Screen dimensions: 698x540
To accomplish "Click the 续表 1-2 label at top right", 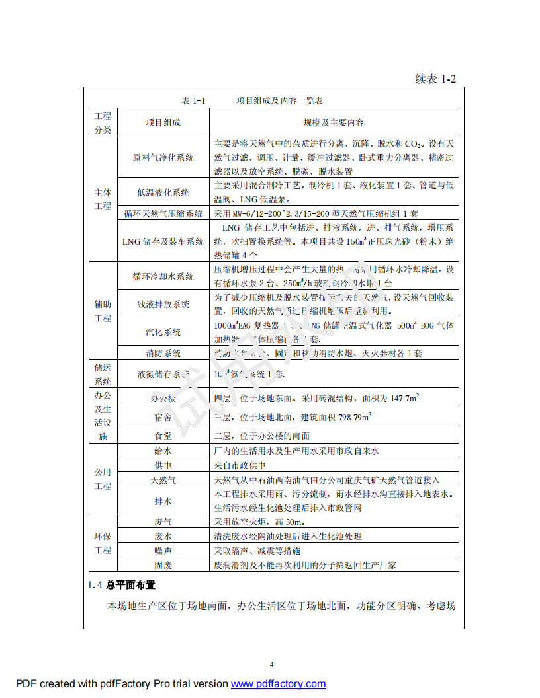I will point(435,79).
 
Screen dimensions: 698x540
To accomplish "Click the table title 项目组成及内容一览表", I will point(279,101).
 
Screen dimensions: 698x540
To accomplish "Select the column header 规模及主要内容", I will point(334,123).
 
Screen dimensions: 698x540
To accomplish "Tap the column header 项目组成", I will point(163,123).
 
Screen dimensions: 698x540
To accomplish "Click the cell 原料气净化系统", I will point(163,157).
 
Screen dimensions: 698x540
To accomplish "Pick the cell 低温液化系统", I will point(163,192).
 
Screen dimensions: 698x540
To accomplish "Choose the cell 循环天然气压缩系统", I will point(163,213).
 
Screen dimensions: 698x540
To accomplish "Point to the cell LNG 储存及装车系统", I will point(163,241).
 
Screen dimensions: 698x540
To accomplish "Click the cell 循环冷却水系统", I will point(163,276).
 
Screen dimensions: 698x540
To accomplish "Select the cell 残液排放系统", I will point(163,304).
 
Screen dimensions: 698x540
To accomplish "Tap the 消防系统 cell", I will point(163,353).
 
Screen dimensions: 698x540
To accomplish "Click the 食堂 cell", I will point(163,436).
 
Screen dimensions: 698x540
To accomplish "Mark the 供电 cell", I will point(163,465).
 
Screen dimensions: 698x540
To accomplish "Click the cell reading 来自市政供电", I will point(240,465).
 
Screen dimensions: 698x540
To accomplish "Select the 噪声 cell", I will point(163,551).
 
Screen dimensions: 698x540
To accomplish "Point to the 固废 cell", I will point(163,565).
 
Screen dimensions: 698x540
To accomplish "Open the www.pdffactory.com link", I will point(278,684).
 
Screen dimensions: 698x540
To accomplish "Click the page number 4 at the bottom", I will point(271,665).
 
